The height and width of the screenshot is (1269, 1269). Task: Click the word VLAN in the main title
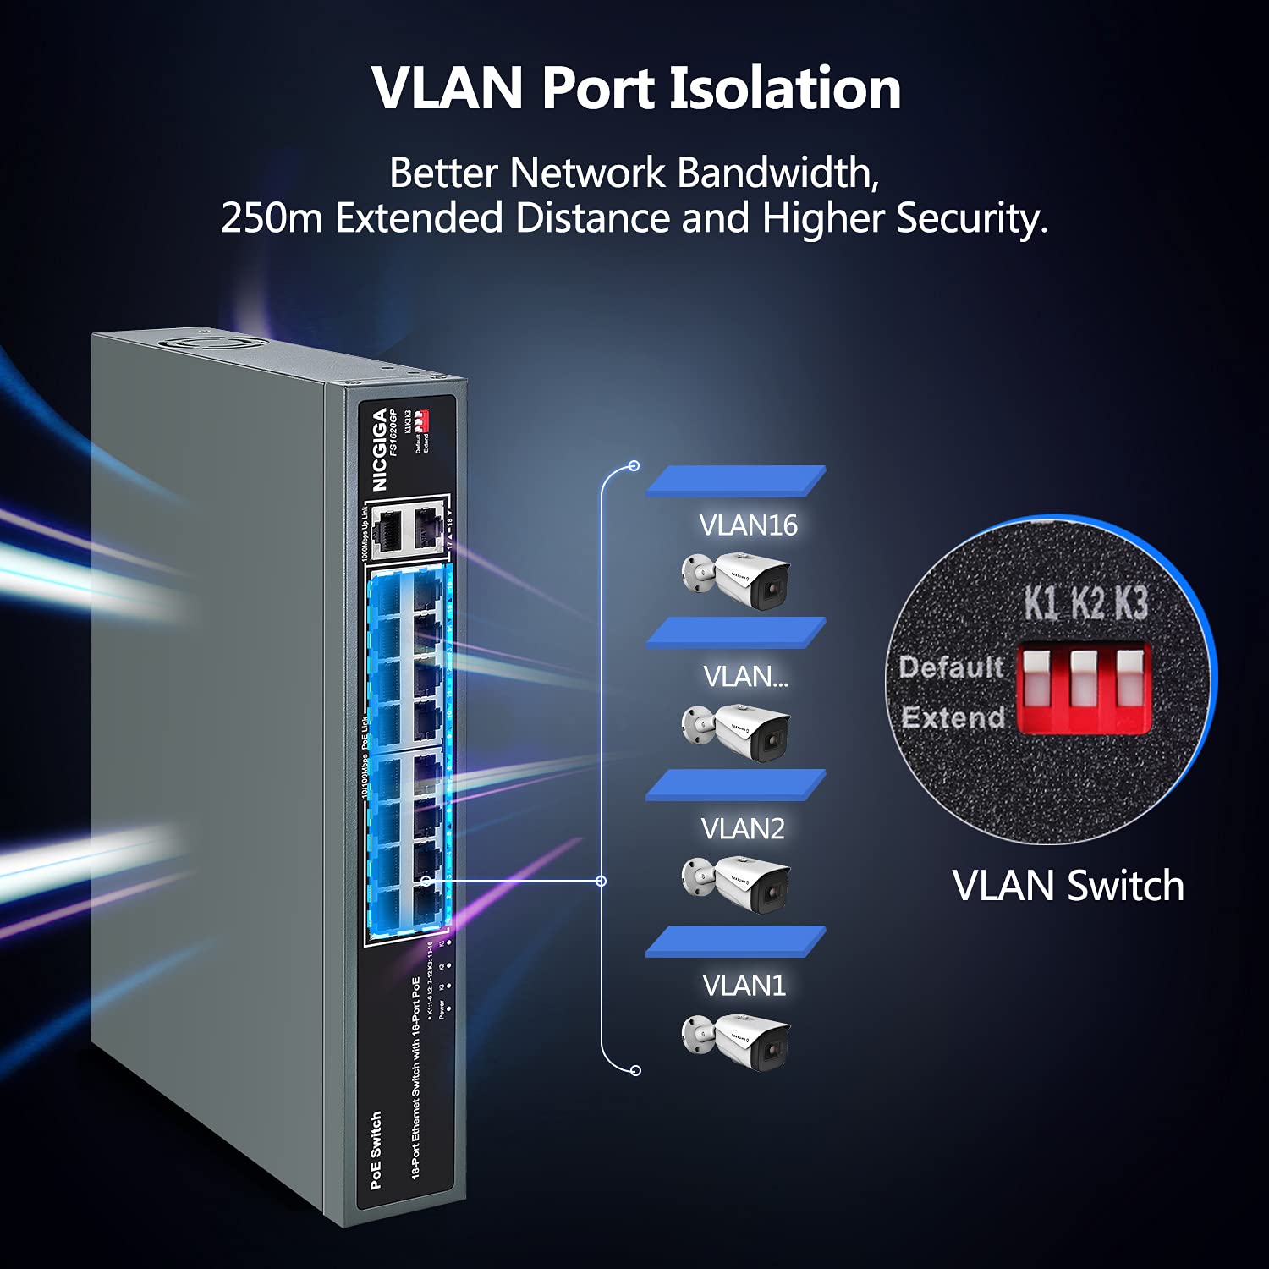coord(448,88)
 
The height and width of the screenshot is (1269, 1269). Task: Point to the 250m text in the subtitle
coord(271,218)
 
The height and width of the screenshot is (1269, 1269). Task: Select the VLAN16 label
coord(748,525)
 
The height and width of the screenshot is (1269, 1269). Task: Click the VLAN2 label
coord(743,829)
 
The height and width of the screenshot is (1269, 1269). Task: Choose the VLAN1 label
coord(744,986)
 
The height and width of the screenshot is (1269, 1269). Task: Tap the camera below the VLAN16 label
coord(736,580)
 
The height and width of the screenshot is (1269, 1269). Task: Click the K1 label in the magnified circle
coord(1041,603)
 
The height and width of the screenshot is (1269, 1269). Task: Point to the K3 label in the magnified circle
coord(1130,603)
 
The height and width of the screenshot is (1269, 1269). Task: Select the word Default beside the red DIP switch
coord(951,667)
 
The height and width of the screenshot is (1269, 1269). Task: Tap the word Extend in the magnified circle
coord(953,717)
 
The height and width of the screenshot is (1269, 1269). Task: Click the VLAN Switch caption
coord(1068,886)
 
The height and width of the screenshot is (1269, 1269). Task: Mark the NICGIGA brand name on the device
coord(380,449)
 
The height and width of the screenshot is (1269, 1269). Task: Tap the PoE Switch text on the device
coord(376,1150)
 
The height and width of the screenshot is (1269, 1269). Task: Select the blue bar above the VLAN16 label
coord(736,481)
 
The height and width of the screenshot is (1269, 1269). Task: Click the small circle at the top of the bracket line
coord(634,466)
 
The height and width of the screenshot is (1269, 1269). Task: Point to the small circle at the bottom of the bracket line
coord(636,1071)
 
